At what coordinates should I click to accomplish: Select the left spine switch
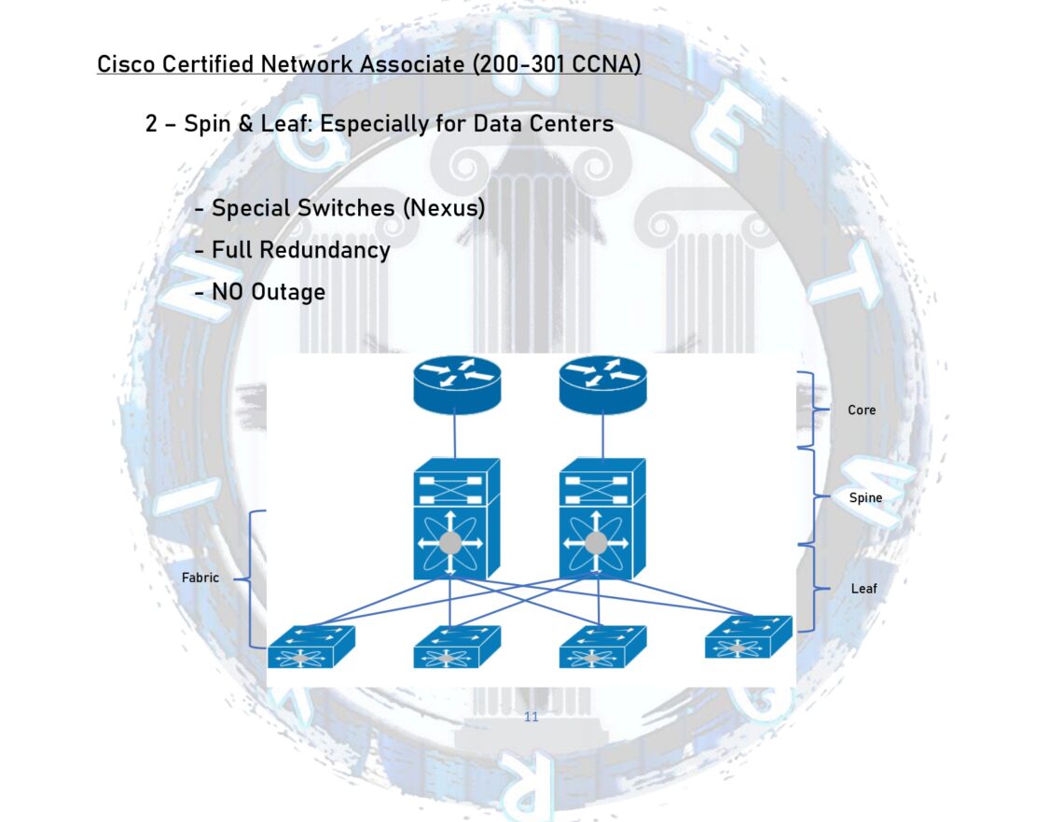(x=456, y=519)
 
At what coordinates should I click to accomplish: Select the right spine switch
(x=601, y=519)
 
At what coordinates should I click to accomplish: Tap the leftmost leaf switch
(x=311, y=648)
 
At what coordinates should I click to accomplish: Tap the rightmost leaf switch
(x=748, y=638)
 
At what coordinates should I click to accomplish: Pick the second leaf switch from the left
(x=456, y=648)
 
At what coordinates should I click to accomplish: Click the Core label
(x=862, y=410)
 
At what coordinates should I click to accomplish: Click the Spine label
(x=865, y=497)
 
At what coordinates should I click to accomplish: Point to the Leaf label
(x=863, y=589)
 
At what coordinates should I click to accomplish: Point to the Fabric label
(x=200, y=578)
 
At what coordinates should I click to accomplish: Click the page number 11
(x=531, y=718)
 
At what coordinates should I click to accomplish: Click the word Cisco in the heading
(x=126, y=65)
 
